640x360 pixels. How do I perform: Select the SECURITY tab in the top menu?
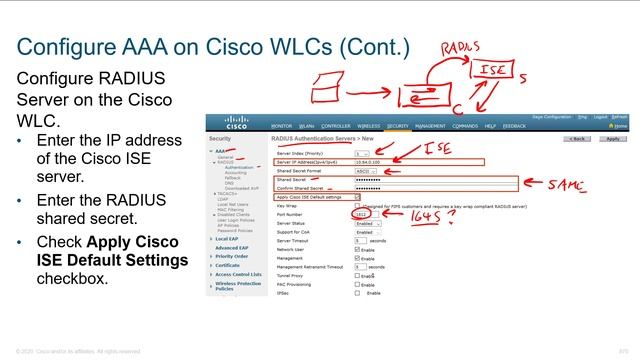pyautogui.click(x=398, y=126)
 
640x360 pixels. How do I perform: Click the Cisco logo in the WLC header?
pyautogui.click(x=226, y=125)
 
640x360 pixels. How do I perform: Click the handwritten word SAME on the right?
pyautogui.click(x=573, y=185)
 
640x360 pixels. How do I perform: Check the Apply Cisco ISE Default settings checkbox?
pyautogui.click(x=358, y=197)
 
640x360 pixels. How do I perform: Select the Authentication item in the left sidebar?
pyautogui.click(x=239, y=168)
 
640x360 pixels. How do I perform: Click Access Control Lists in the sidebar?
pyautogui.click(x=238, y=273)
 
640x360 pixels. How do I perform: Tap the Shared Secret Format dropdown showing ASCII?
pyautogui.click(x=365, y=171)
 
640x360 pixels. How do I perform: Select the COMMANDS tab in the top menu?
pyautogui.click(x=465, y=126)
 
